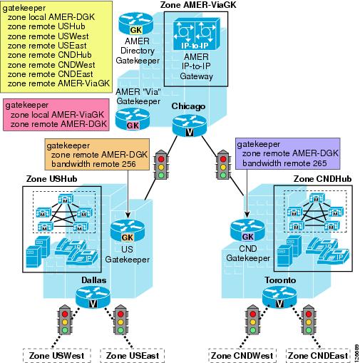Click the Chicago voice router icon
point(190,126)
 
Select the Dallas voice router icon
point(93,297)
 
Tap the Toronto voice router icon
point(279,297)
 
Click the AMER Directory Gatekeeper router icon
point(136,24)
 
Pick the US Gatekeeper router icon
point(128,231)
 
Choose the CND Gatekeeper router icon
point(247,230)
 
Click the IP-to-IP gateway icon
point(196,34)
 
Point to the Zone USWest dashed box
point(57,355)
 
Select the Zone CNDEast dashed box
point(318,355)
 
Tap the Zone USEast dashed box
point(133,355)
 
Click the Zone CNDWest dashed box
point(242,355)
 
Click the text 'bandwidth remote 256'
point(93,164)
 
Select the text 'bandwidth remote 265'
point(284,163)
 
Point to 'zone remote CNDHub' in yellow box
point(50,55)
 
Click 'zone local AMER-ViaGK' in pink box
point(57,115)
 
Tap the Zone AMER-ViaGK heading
point(198,5)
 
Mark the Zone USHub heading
point(51,179)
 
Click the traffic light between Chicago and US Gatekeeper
point(161,165)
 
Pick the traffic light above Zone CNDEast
point(309,319)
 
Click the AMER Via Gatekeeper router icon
point(133,119)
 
